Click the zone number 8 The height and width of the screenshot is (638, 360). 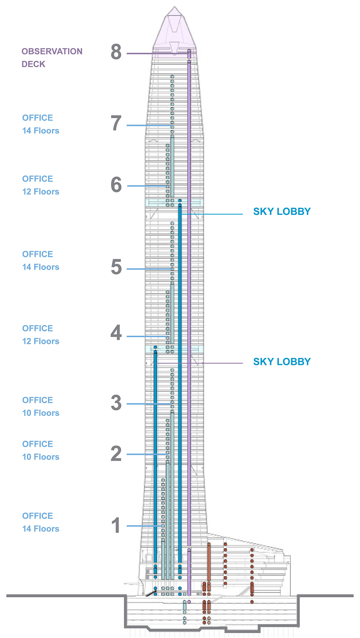pyautogui.click(x=116, y=52)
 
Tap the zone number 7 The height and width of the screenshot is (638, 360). pyautogui.click(x=116, y=123)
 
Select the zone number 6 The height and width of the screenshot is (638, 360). pyautogui.click(x=116, y=185)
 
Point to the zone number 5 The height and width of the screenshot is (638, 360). pyautogui.click(x=116, y=267)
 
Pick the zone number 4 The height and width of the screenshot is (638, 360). pyautogui.click(x=116, y=333)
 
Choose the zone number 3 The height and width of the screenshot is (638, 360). pyautogui.click(x=116, y=403)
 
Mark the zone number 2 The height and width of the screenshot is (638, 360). pyautogui.click(x=116, y=453)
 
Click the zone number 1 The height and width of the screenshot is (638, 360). pyautogui.click(x=116, y=525)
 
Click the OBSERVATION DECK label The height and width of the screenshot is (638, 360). pyautogui.click(x=52, y=58)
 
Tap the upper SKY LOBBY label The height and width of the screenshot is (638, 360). pyautogui.click(x=282, y=212)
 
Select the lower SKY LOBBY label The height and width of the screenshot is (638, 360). pyautogui.click(x=282, y=362)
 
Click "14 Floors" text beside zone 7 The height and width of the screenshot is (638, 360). pyautogui.click(x=41, y=131)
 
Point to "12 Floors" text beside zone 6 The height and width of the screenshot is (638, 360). pyautogui.click(x=41, y=192)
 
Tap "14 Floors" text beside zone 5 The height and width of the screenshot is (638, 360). pyautogui.click(x=41, y=267)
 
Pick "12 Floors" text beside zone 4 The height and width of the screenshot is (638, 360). pyautogui.click(x=41, y=341)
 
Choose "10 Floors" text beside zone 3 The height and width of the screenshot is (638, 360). pyautogui.click(x=41, y=413)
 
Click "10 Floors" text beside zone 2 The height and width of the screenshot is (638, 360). pyautogui.click(x=41, y=457)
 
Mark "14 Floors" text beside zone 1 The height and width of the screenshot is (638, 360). pyautogui.click(x=41, y=529)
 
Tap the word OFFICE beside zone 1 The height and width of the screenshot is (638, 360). pyautogui.click(x=37, y=516)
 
